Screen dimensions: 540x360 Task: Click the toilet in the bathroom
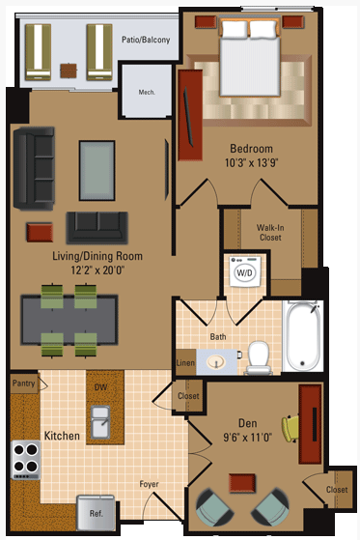coord(258,356)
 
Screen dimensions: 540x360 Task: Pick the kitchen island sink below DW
coord(100,422)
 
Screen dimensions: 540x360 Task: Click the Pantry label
coord(24,384)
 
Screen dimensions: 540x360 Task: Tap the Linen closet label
coord(185,363)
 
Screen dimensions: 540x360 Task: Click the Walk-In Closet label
coord(269,233)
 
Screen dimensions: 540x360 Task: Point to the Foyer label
coord(149,484)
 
